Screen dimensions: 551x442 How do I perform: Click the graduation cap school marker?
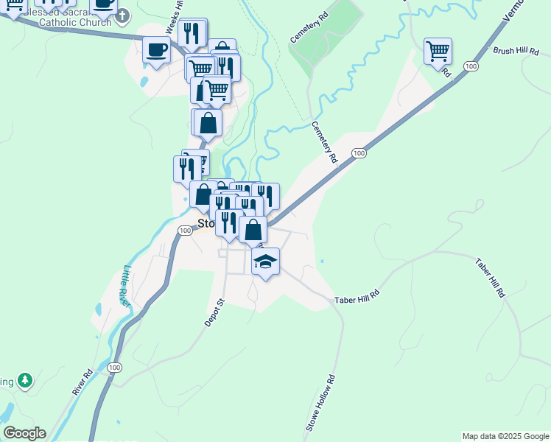[x=266, y=261]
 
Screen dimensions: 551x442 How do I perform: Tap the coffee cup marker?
[x=156, y=50]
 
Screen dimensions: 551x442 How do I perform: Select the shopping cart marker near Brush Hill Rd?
[x=438, y=52]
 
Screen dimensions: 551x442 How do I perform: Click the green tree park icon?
[x=26, y=380]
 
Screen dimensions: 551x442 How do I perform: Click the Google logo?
[x=24, y=433]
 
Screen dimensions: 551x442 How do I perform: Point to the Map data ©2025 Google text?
[x=505, y=436]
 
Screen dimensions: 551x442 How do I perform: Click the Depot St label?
[x=214, y=312]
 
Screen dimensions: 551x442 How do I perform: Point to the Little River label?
[x=126, y=286]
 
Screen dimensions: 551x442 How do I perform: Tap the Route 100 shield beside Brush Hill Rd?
[x=469, y=66]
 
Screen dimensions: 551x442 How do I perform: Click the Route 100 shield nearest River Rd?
[x=113, y=367]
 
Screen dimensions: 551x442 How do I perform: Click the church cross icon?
[x=122, y=15]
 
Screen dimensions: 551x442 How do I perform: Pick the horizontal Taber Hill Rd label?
[x=357, y=299]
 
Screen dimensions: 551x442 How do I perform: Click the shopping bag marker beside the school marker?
[x=253, y=229]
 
